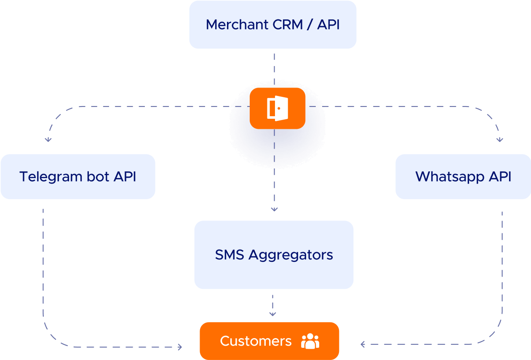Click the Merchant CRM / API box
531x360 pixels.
pos(272,24)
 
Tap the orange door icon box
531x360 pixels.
pos(278,108)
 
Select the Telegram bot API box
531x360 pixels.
pos(78,176)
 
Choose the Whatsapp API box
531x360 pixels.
pos(463,176)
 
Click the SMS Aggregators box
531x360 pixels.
pos(274,255)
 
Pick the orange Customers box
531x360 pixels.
pos(269,341)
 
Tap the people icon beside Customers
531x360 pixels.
pos(310,341)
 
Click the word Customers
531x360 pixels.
pos(256,341)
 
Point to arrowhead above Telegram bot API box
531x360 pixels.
pos(48,139)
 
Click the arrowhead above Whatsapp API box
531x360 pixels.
pos(500,140)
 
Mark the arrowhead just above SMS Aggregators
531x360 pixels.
pos(274,208)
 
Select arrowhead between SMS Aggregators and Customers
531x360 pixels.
pos(272,314)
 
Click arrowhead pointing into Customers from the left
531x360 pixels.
pos(180,347)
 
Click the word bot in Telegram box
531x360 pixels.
pos(98,176)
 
